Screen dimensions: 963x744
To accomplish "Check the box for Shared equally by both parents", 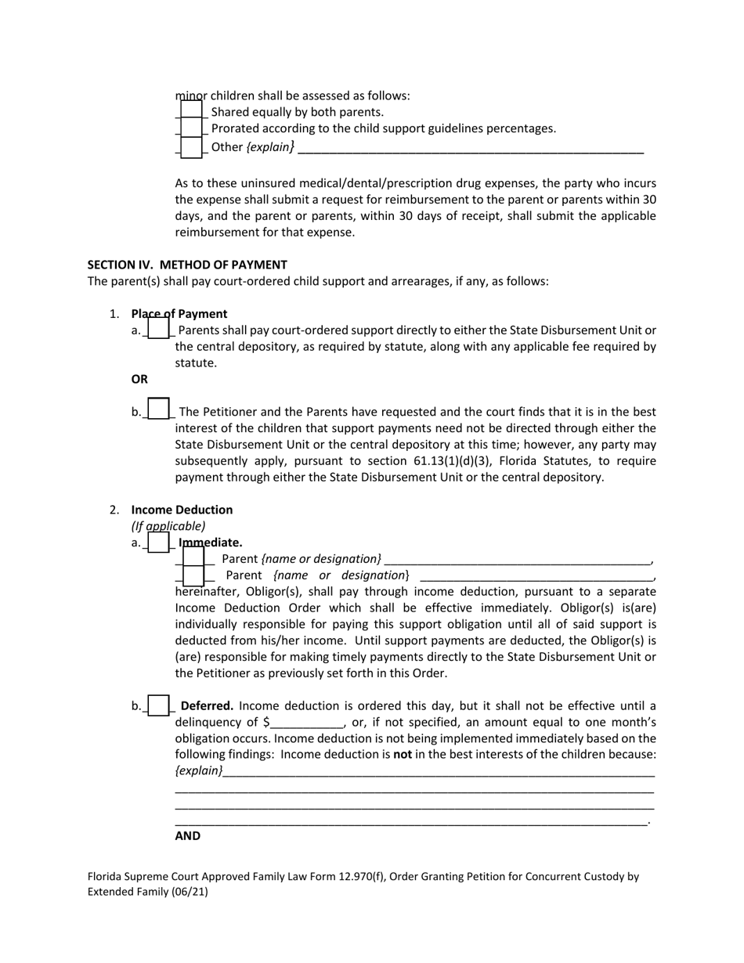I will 190,111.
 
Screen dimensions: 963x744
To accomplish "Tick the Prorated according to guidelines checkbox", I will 190,128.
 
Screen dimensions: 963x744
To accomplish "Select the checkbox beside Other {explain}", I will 190,146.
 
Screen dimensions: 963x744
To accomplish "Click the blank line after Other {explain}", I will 471,147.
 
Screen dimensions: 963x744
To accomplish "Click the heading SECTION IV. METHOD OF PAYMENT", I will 187,265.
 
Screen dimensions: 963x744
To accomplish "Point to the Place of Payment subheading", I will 179,314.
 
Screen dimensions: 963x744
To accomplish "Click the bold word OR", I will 139,379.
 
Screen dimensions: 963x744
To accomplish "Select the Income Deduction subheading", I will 182,510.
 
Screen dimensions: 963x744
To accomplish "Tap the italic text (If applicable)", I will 168,526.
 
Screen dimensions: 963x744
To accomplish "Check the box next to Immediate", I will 158,542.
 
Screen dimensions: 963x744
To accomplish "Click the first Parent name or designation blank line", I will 518,560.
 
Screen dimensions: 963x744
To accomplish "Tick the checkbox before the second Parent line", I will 193,575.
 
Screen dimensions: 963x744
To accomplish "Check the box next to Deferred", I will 158,705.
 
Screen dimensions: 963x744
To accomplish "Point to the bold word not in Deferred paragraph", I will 403,755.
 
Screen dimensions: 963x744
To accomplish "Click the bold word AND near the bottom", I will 188,836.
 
